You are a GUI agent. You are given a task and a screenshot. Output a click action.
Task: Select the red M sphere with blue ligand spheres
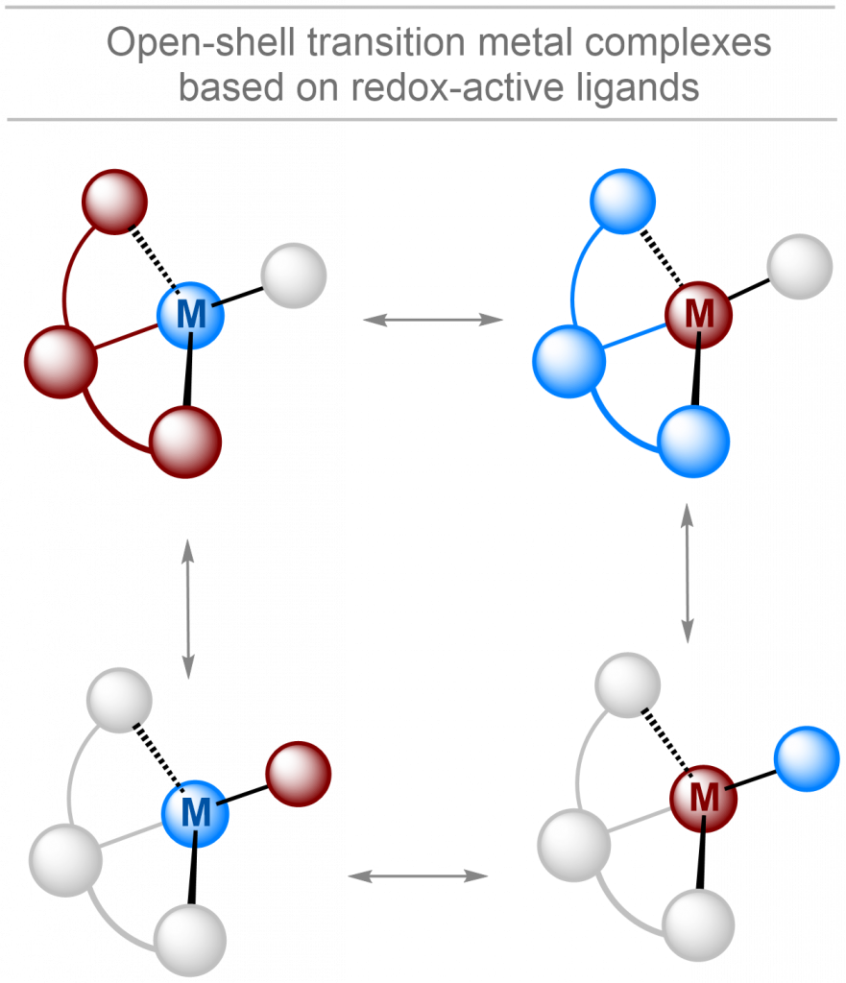click(x=699, y=312)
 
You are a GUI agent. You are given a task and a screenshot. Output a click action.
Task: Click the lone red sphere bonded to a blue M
click(x=298, y=774)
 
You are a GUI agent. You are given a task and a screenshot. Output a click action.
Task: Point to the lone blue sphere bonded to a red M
click(x=807, y=758)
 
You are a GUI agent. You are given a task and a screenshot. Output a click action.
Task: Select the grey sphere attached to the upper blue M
click(x=294, y=276)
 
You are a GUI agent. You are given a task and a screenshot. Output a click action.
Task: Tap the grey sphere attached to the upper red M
click(x=800, y=266)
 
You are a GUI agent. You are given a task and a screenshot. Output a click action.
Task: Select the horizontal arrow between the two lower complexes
click(x=419, y=875)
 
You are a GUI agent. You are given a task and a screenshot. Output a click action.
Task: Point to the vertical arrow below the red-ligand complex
click(x=187, y=609)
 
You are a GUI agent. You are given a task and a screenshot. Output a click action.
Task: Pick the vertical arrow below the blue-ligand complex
click(x=688, y=574)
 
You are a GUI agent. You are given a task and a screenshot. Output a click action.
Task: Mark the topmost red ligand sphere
click(x=114, y=201)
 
